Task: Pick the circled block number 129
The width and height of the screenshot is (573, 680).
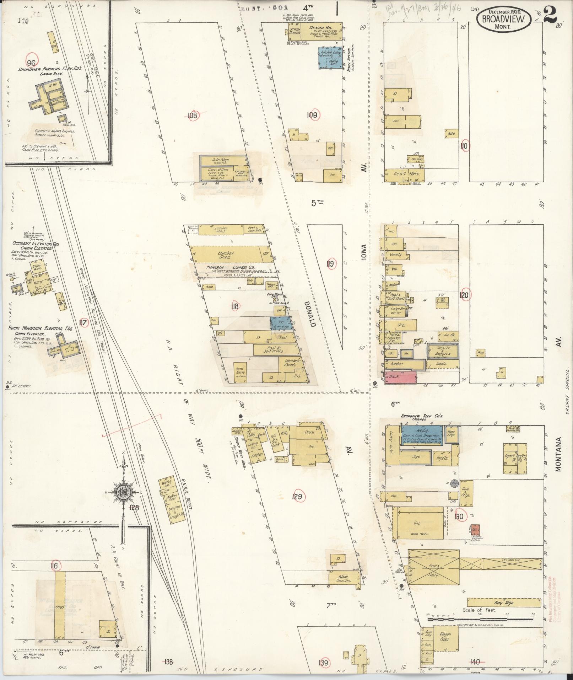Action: pyautogui.click(x=298, y=497)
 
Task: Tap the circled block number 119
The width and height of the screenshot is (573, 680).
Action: pyautogui.click(x=330, y=264)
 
